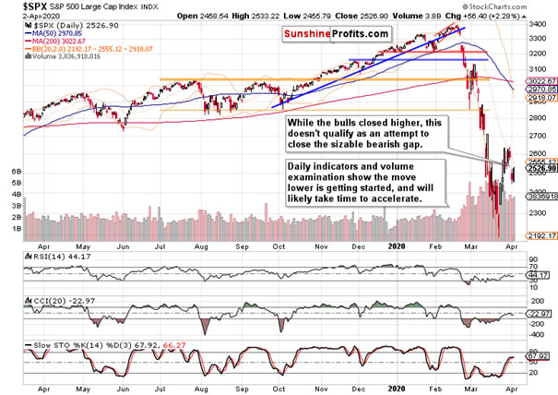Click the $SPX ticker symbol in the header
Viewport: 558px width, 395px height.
tap(22, 7)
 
